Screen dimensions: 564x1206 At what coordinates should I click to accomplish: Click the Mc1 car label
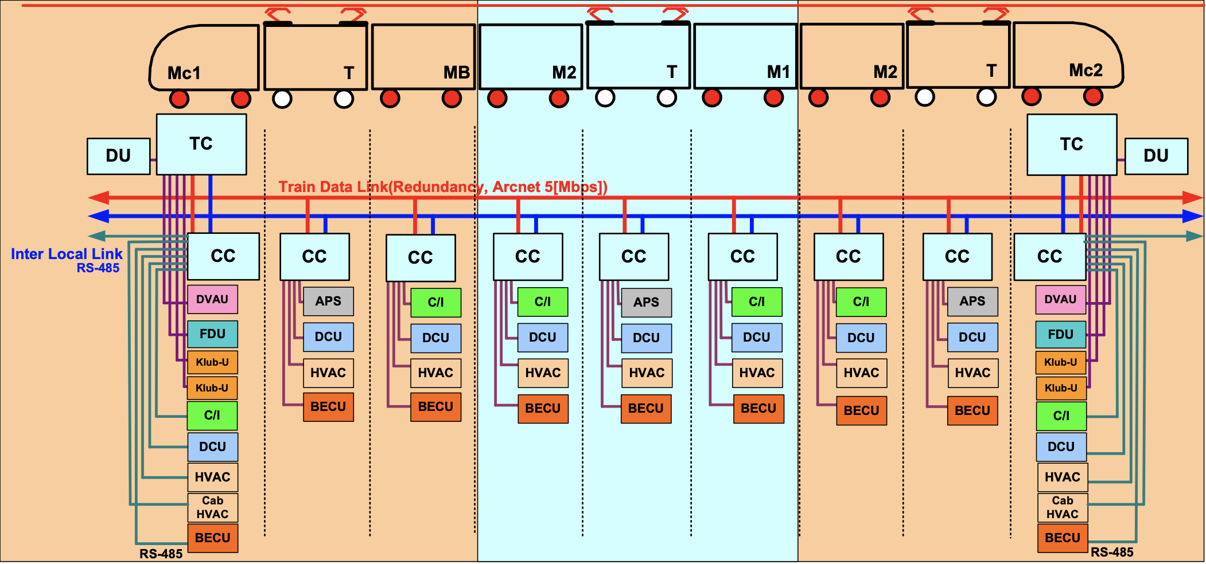click(x=184, y=73)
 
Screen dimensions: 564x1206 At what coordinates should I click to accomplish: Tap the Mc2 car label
click(x=1086, y=70)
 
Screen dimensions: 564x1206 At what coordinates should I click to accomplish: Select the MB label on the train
click(x=456, y=73)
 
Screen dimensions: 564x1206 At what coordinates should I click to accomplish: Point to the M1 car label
click(x=778, y=72)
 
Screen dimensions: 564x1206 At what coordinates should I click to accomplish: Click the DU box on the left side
click(x=118, y=156)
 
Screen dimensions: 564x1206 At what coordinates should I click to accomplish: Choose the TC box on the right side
click(x=1071, y=144)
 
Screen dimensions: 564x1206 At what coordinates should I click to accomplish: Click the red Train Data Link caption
click(x=442, y=187)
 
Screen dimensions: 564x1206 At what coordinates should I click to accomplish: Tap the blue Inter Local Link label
click(x=67, y=254)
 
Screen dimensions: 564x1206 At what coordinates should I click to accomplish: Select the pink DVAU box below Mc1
click(x=212, y=299)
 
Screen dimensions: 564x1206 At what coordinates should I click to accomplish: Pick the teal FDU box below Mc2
click(x=1060, y=334)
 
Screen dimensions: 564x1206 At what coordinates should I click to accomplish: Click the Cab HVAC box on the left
click(x=212, y=508)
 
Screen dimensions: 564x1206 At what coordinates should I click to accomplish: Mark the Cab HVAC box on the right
click(x=1062, y=508)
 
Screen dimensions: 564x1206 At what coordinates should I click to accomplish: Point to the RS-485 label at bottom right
click(x=1111, y=553)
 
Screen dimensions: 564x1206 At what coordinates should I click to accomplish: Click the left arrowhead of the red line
click(x=98, y=198)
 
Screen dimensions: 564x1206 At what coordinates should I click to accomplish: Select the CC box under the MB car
click(x=421, y=258)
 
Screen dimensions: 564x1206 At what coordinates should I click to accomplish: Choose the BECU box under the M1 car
click(x=758, y=409)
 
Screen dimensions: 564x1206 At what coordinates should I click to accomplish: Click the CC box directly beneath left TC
click(x=223, y=256)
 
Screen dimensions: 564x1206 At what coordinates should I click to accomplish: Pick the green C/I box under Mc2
click(x=1061, y=416)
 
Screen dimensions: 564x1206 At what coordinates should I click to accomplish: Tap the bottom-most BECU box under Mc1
click(x=212, y=538)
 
